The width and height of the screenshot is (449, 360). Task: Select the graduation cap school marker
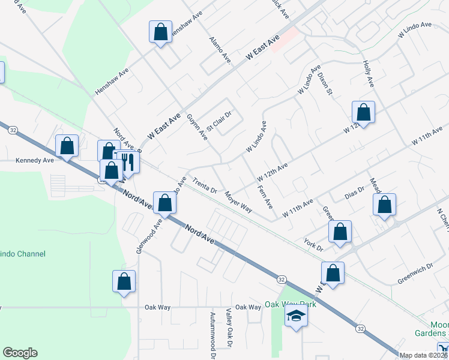point(296,316)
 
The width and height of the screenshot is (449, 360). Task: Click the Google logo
point(20,353)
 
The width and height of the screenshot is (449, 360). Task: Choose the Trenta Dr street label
point(205,186)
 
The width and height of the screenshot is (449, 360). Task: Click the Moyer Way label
point(238,202)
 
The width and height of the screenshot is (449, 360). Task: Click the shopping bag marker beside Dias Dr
point(384,204)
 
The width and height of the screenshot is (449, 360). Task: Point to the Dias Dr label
point(355,193)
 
